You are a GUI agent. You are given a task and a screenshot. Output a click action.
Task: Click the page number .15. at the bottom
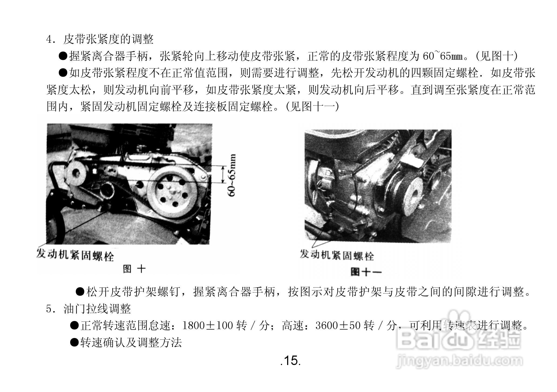[x=290, y=361]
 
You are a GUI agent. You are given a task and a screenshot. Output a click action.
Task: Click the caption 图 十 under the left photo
[x=134, y=269]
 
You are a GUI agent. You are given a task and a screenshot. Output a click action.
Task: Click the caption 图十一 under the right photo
[x=366, y=272]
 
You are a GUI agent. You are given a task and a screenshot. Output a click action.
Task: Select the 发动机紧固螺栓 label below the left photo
[x=75, y=255]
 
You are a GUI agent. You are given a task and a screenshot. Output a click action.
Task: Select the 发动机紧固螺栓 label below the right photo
[x=337, y=255]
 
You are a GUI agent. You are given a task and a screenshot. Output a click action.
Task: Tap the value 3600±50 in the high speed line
[x=338, y=326]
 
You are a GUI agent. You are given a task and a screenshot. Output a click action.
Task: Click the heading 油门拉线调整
[x=97, y=309]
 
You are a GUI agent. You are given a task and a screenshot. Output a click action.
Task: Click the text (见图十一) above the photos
[x=312, y=107]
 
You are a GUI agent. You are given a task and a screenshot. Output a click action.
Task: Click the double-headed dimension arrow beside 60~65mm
[x=223, y=175]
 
